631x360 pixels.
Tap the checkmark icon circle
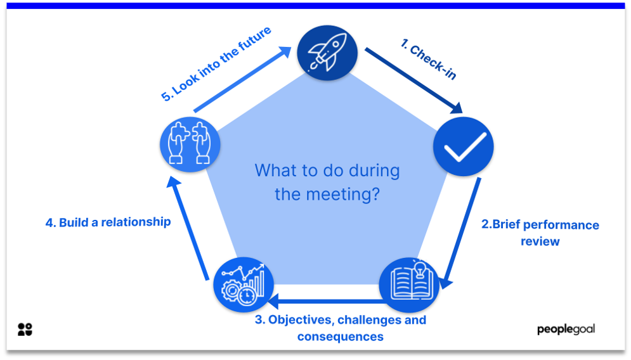(x=463, y=146)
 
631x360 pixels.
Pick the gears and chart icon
(x=244, y=284)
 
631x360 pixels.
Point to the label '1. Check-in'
(x=429, y=59)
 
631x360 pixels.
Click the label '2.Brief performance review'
(x=540, y=233)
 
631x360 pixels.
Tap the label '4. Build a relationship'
(x=108, y=222)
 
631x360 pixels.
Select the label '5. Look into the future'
(x=216, y=63)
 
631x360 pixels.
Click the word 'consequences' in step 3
(x=341, y=337)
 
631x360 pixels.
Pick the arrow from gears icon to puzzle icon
(x=188, y=228)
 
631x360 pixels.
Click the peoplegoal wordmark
(x=566, y=329)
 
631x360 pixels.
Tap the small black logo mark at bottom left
(x=25, y=329)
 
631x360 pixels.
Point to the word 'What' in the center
(x=275, y=170)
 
